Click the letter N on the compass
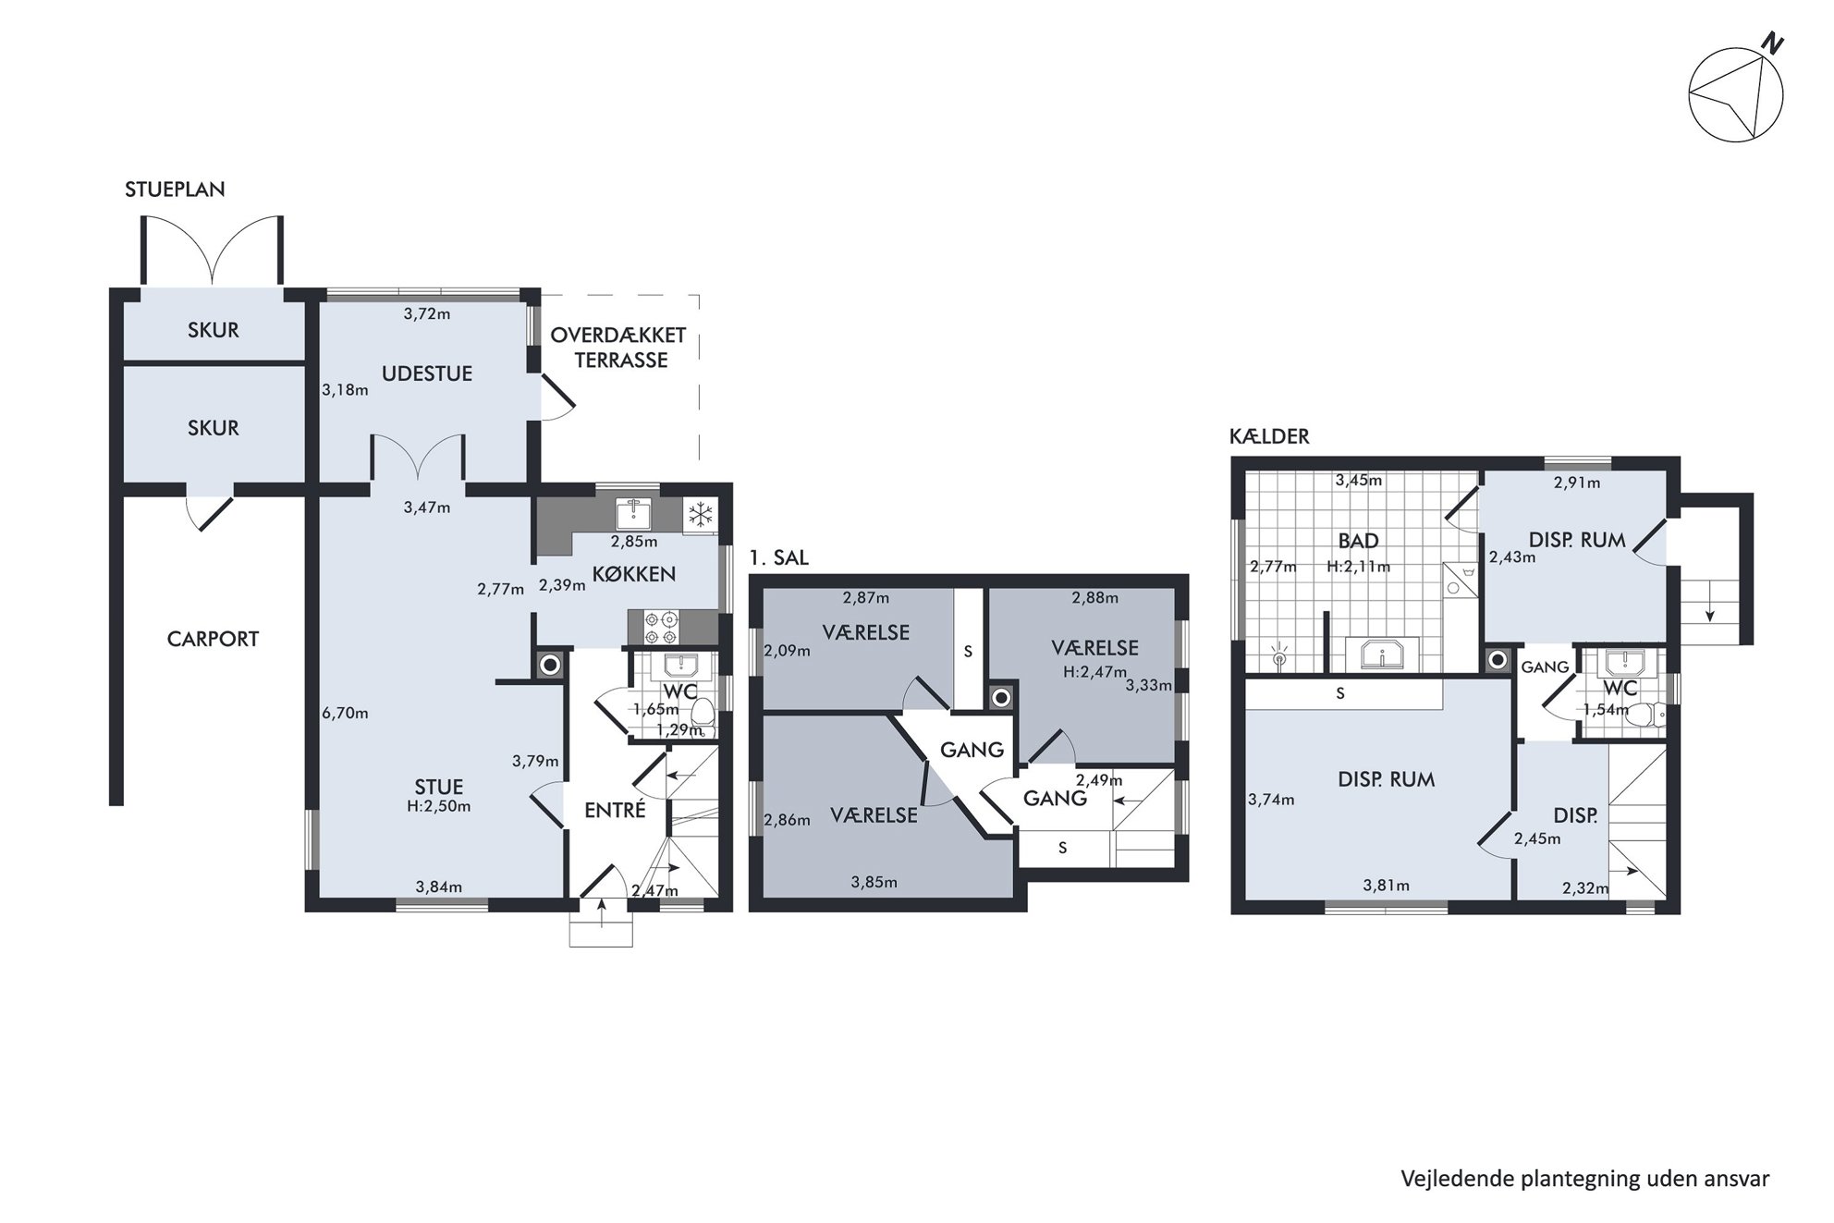pos(1772,43)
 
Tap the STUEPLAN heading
pos(175,190)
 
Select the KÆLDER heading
pos(1269,436)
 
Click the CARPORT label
pos(213,639)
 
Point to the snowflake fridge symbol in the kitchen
pos(701,516)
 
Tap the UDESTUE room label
pos(427,373)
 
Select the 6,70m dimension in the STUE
pos(345,713)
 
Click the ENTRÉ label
pos(615,810)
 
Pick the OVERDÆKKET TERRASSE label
pos(618,348)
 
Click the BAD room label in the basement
pos(1358,541)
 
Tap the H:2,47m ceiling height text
pos(1094,672)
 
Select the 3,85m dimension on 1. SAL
pos(874,882)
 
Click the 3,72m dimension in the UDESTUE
pos(427,313)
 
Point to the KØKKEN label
pos(633,574)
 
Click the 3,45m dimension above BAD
pos(1359,480)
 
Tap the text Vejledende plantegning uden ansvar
pos(1584,1179)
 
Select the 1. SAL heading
pos(778,557)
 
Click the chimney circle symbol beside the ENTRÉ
pos(550,665)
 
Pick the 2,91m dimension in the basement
pos(1577,482)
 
